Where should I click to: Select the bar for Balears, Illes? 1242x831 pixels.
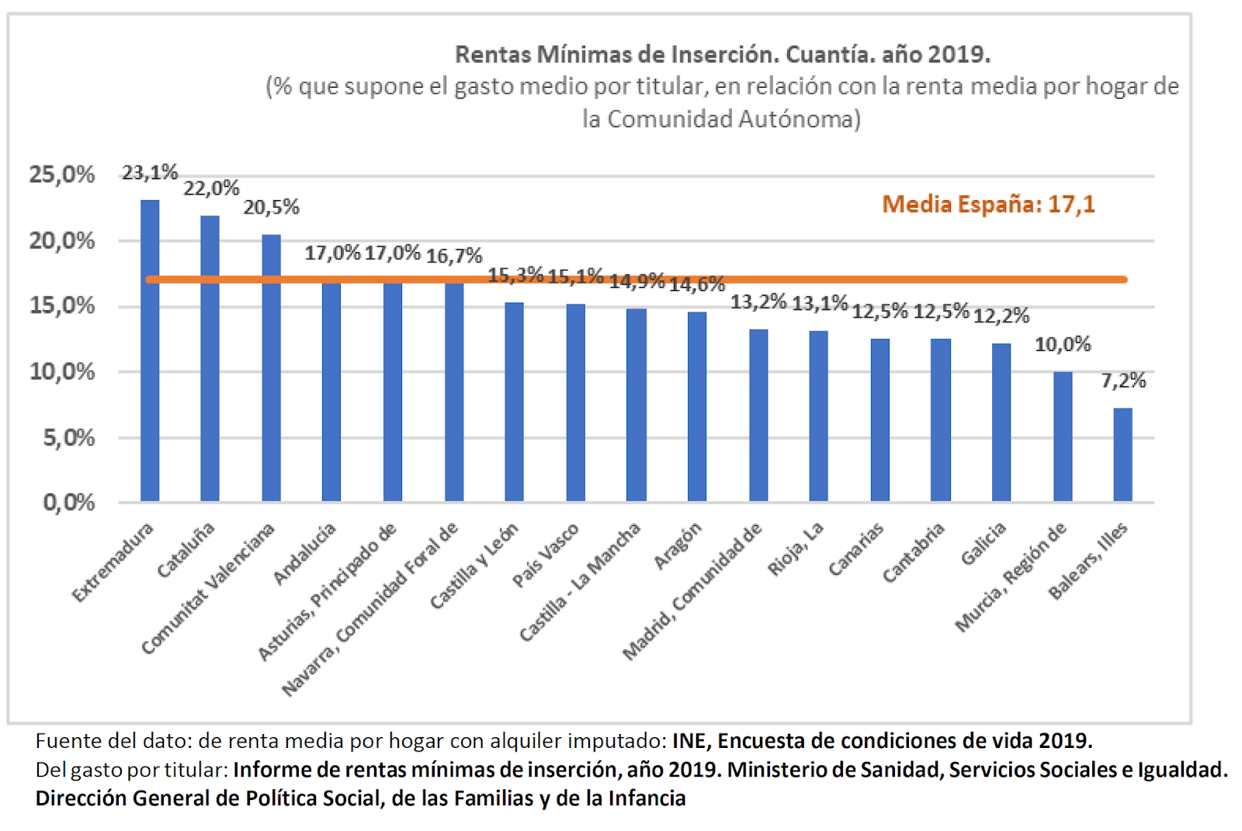(1122, 455)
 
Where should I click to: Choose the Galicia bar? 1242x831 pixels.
(1001, 422)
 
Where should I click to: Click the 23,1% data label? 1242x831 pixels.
(150, 172)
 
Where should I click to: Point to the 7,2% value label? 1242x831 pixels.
(1123, 380)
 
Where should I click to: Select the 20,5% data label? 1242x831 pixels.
(271, 207)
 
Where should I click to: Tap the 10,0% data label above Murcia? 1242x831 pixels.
(1063, 344)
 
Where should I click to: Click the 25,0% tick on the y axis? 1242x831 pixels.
(62, 175)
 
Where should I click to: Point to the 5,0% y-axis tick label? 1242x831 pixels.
(68, 438)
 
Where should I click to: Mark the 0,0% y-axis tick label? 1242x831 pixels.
(68, 503)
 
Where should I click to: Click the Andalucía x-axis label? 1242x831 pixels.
(305, 553)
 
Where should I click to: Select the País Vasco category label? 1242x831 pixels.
(546, 555)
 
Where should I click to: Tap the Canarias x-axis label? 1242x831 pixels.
(856, 549)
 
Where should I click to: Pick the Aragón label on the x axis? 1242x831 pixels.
(678, 545)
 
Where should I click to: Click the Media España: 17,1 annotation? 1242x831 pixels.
(988, 204)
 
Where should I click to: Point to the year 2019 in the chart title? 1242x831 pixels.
(959, 54)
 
